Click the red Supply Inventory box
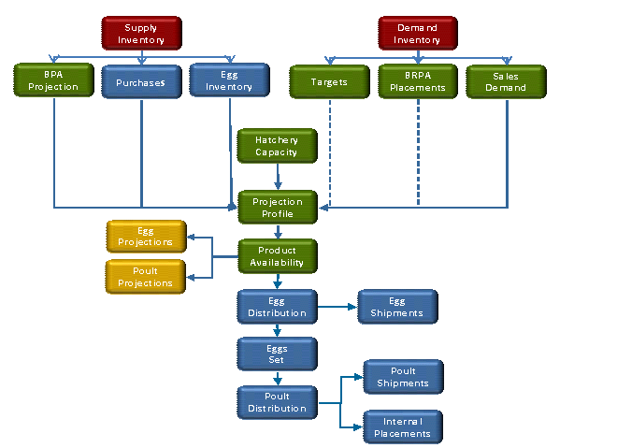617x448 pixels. click(x=141, y=34)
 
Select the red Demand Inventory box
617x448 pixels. click(x=417, y=34)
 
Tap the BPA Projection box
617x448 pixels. click(x=54, y=81)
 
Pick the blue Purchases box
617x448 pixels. click(x=141, y=82)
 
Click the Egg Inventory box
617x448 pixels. click(x=229, y=81)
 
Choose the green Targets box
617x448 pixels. click(x=329, y=82)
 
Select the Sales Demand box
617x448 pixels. click(x=506, y=82)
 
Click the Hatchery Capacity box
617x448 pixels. click(x=277, y=146)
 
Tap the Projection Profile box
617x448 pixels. click(x=278, y=208)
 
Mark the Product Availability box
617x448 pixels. click(x=277, y=256)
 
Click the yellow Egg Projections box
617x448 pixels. click(x=146, y=236)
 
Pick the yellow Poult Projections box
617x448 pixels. click(x=146, y=277)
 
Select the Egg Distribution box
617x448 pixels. click(x=277, y=307)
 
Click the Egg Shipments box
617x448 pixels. click(x=397, y=307)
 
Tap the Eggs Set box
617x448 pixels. click(x=277, y=354)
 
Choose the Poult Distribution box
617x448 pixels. click(x=277, y=402)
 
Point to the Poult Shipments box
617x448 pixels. click(x=403, y=377)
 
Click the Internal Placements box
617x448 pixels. click(x=402, y=427)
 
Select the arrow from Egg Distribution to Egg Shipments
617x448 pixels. click(x=337, y=306)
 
